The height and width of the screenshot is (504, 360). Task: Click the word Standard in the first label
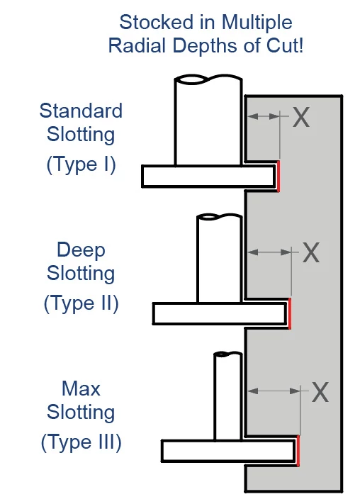(81, 111)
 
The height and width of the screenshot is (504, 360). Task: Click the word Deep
(81, 250)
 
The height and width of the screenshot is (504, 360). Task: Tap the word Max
(81, 388)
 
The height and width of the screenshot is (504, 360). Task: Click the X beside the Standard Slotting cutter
(301, 118)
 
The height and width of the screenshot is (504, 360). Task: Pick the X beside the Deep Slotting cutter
(312, 252)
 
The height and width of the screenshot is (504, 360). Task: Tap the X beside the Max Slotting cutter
(320, 391)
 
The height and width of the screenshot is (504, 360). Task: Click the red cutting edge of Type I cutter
(278, 175)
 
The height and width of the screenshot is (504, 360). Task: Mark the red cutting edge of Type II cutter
(289, 313)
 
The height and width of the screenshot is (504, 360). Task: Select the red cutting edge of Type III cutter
(298, 451)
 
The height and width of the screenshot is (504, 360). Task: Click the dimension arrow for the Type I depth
(263, 117)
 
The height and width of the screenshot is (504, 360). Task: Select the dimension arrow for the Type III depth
(273, 391)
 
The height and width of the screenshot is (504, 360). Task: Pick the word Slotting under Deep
(81, 273)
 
